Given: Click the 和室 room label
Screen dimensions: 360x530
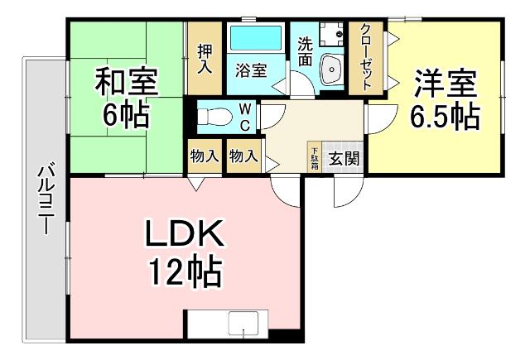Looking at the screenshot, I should point(126,84).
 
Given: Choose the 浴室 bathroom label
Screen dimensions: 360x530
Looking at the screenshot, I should point(251,70).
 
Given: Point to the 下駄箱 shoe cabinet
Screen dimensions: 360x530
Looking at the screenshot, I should point(316,155).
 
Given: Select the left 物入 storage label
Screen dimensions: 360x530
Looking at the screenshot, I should point(204,155).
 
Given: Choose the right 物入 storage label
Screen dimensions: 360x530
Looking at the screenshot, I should point(243,155).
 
